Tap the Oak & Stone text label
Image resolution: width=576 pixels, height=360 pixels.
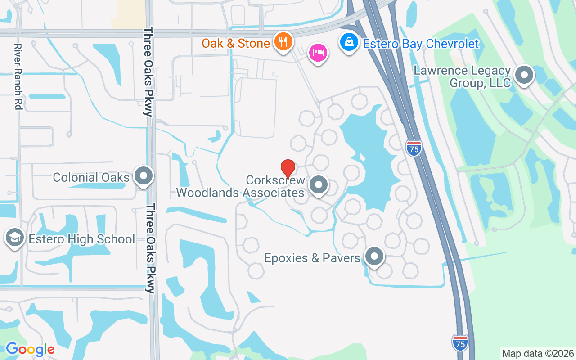point(235,43)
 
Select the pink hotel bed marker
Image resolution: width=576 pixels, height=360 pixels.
point(318,53)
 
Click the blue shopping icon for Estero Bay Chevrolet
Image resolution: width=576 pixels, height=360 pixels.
point(349,43)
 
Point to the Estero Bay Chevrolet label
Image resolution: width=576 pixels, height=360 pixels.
point(421,44)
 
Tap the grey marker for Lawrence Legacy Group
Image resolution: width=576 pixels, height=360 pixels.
point(524,75)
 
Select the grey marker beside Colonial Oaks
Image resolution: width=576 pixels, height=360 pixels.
point(144,176)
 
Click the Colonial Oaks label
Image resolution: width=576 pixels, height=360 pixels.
point(91,177)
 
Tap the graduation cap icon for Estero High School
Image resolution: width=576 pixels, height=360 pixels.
point(15,238)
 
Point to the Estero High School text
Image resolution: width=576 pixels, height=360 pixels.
point(81,239)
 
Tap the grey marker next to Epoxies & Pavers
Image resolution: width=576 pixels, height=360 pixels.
point(374,257)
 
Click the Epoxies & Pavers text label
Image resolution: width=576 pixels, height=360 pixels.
point(312,258)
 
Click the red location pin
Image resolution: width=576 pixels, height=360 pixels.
point(288,169)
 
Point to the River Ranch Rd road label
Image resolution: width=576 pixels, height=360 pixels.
point(18,76)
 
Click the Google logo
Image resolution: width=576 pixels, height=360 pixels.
point(30,349)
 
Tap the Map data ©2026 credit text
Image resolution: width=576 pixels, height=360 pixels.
point(538,353)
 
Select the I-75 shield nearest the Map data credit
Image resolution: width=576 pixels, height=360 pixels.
point(460,342)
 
